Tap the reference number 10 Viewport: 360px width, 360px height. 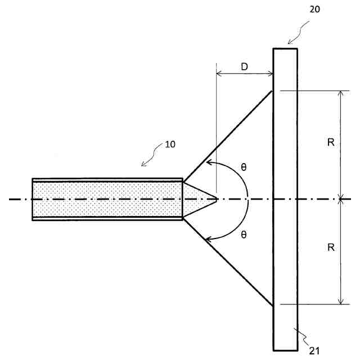pos(170,144)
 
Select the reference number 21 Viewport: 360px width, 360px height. pos(314,350)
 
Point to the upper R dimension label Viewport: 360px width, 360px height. pos(331,142)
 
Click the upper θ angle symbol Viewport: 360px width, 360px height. pos(244,167)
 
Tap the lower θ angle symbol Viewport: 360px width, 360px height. pos(244,235)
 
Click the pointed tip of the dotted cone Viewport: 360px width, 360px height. pos(217,199)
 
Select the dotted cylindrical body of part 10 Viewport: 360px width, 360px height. pos(107,199)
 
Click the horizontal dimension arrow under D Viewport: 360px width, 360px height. pos(245,74)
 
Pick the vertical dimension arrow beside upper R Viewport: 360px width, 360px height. pos(340,143)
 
